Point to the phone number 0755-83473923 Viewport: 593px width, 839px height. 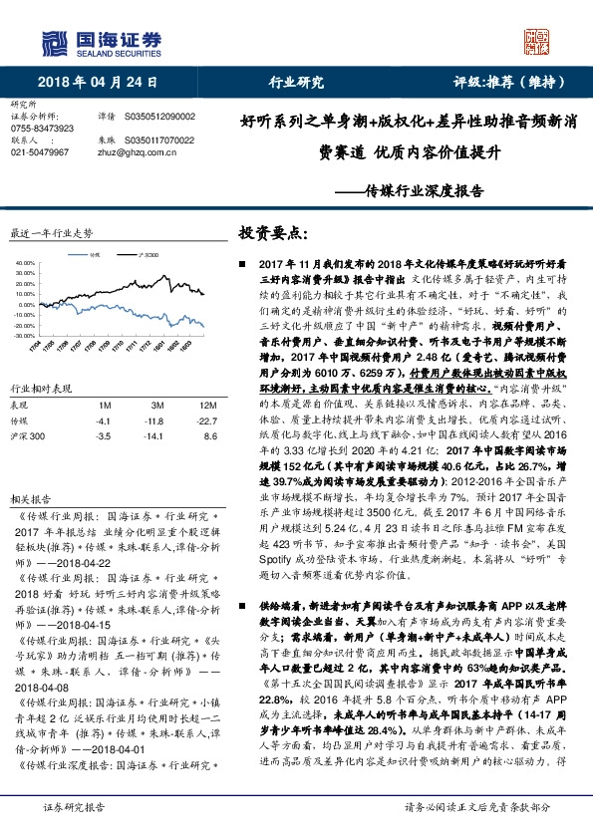coord(41,129)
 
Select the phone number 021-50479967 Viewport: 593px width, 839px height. coord(40,152)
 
